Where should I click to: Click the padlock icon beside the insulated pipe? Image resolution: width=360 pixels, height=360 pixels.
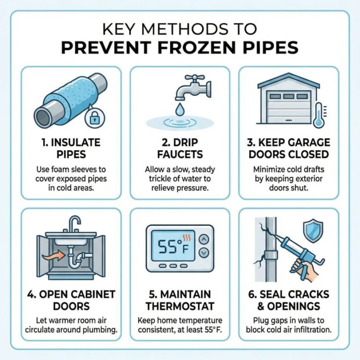point(94,118)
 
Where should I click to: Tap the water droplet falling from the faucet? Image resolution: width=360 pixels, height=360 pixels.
point(179,109)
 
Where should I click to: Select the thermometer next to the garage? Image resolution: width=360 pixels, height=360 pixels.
point(319,115)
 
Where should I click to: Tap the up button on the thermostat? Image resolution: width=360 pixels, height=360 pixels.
point(204,239)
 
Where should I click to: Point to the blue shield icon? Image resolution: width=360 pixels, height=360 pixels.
point(313,230)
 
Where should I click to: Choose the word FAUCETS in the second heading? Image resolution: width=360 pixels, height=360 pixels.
point(180,154)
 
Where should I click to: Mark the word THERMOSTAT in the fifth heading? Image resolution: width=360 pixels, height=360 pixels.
point(180,306)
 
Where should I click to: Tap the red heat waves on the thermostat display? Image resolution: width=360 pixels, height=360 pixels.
point(186,238)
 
